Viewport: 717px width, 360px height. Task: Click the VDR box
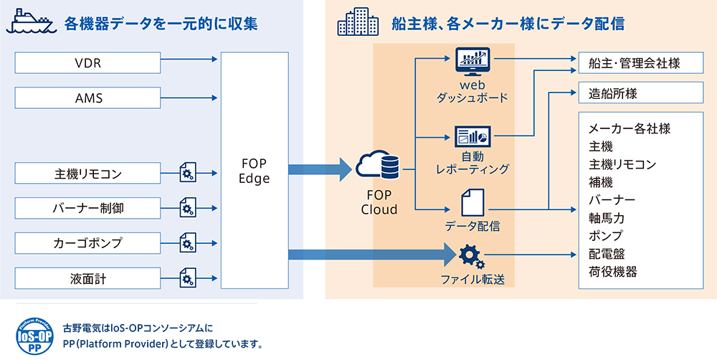tap(87, 62)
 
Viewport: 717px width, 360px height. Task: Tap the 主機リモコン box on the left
tap(87, 174)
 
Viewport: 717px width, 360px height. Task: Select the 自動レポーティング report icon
tap(472, 136)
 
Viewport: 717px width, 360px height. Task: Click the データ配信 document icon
tap(472, 202)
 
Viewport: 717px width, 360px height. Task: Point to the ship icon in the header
tap(30, 23)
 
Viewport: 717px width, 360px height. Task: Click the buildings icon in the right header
tap(358, 24)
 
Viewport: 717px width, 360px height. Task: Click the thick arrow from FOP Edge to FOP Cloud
tap(319, 170)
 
